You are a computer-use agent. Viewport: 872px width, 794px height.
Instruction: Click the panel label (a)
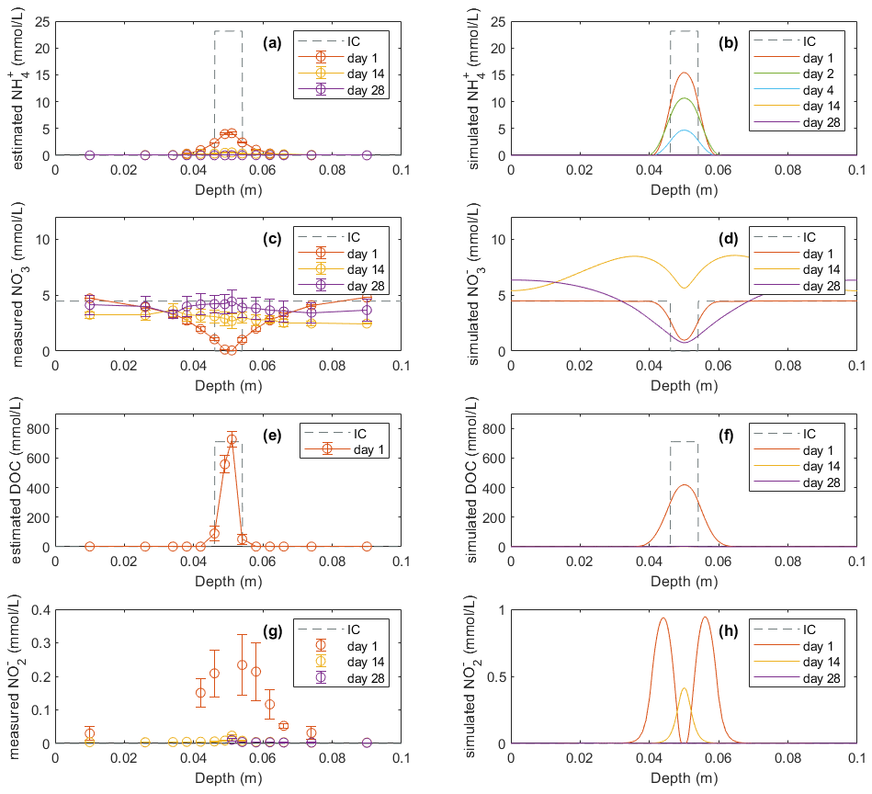(x=272, y=42)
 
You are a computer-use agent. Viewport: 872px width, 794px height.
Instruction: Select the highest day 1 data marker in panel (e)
(x=232, y=439)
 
